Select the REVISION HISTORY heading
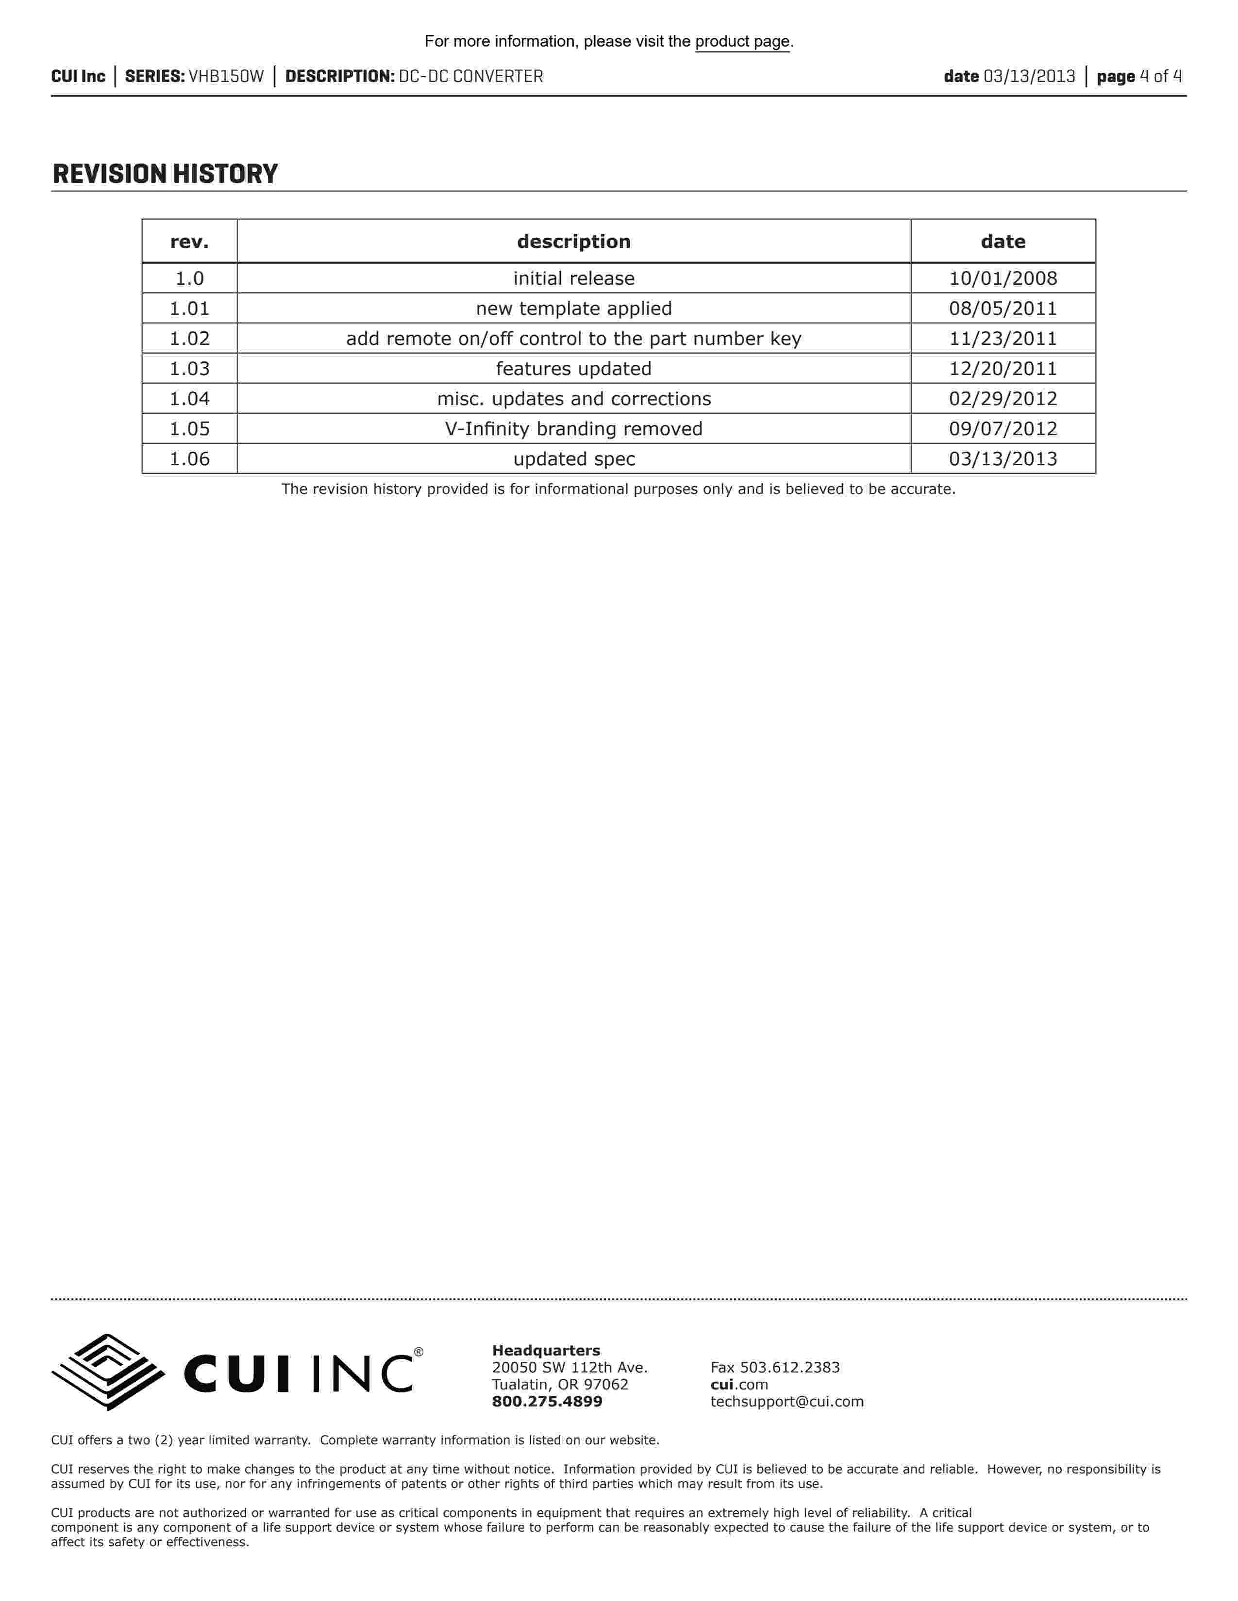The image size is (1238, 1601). (165, 175)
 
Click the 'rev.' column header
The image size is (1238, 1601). (189, 242)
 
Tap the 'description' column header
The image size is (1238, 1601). (573, 242)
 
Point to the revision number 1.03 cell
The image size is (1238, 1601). (189, 369)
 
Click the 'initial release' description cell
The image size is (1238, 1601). (573, 278)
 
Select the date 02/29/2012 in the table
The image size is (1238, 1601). (1003, 399)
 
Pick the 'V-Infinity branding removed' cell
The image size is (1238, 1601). (573, 429)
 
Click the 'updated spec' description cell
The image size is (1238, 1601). (573, 459)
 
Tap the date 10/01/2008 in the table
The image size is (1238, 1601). (1003, 278)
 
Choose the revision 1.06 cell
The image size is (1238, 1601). (189, 459)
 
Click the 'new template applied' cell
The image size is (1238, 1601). (573, 309)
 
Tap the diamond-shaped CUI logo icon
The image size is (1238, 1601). (108, 1372)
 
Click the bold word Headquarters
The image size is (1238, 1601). (546, 1350)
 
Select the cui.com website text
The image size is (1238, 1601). (738, 1385)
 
